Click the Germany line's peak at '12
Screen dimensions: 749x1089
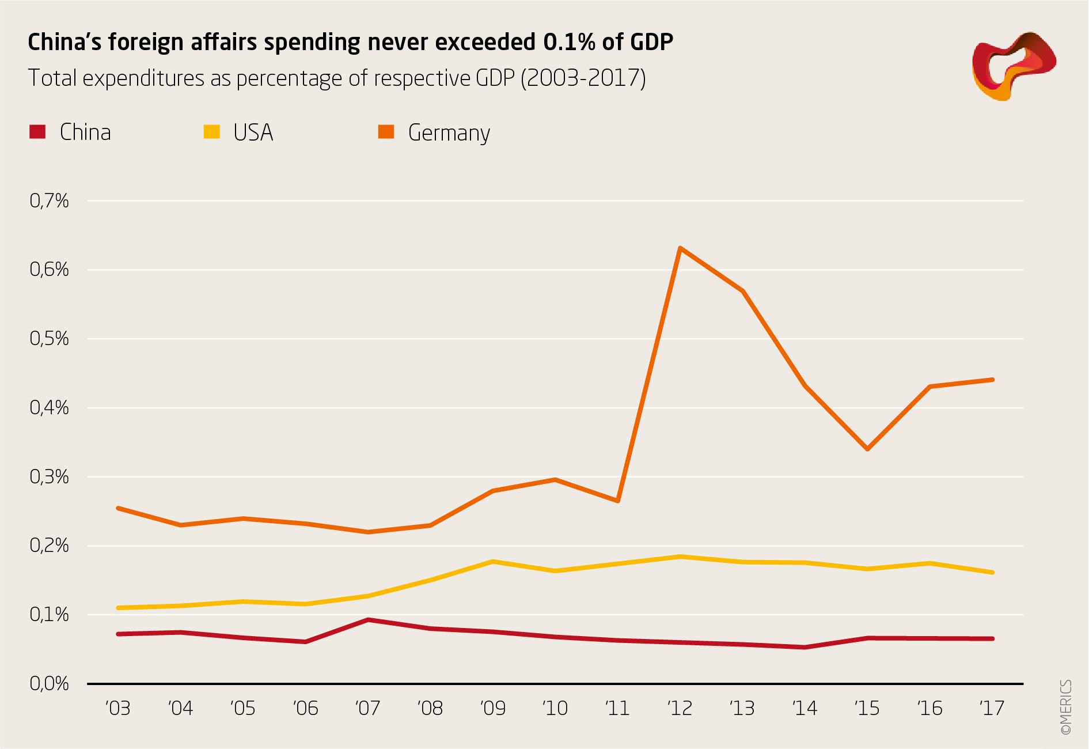click(x=680, y=248)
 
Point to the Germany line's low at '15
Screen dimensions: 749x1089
click(x=867, y=448)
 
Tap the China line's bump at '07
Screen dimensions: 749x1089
click(x=368, y=620)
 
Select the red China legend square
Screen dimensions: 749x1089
click(x=37, y=132)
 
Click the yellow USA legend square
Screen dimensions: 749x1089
click(x=212, y=132)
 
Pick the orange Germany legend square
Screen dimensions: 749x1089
click(x=386, y=132)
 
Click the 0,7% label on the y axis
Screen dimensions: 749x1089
click(x=49, y=201)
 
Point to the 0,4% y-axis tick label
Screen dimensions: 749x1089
click(x=49, y=408)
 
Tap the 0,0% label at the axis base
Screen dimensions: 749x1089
click(x=49, y=684)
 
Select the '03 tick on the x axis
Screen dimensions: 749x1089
click(x=118, y=708)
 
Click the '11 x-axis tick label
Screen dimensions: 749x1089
click(x=617, y=708)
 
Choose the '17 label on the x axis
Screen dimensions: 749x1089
click(x=992, y=708)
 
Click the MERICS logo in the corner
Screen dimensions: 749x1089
click(x=1013, y=66)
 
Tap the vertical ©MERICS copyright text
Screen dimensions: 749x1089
click(x=1066, y=707)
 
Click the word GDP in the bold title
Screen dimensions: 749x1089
click(x=651, y=42)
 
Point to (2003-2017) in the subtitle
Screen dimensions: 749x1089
click(x=583, y=78)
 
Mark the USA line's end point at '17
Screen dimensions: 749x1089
click(x=992, y=572)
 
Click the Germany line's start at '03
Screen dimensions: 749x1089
click(x=118, y=508)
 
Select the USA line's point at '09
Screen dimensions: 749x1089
click(x=493, y=561)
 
